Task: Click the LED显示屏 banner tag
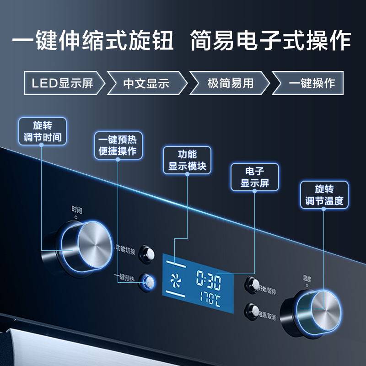64,83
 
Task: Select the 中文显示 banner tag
146,83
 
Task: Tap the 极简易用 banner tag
230,83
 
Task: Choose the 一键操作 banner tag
308,83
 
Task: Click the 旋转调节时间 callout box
43,131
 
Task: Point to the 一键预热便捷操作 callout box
118,145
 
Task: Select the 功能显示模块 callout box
187,160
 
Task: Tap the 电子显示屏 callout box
255,177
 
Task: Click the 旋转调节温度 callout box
324,195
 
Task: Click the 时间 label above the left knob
76,210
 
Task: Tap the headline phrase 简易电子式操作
271,40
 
